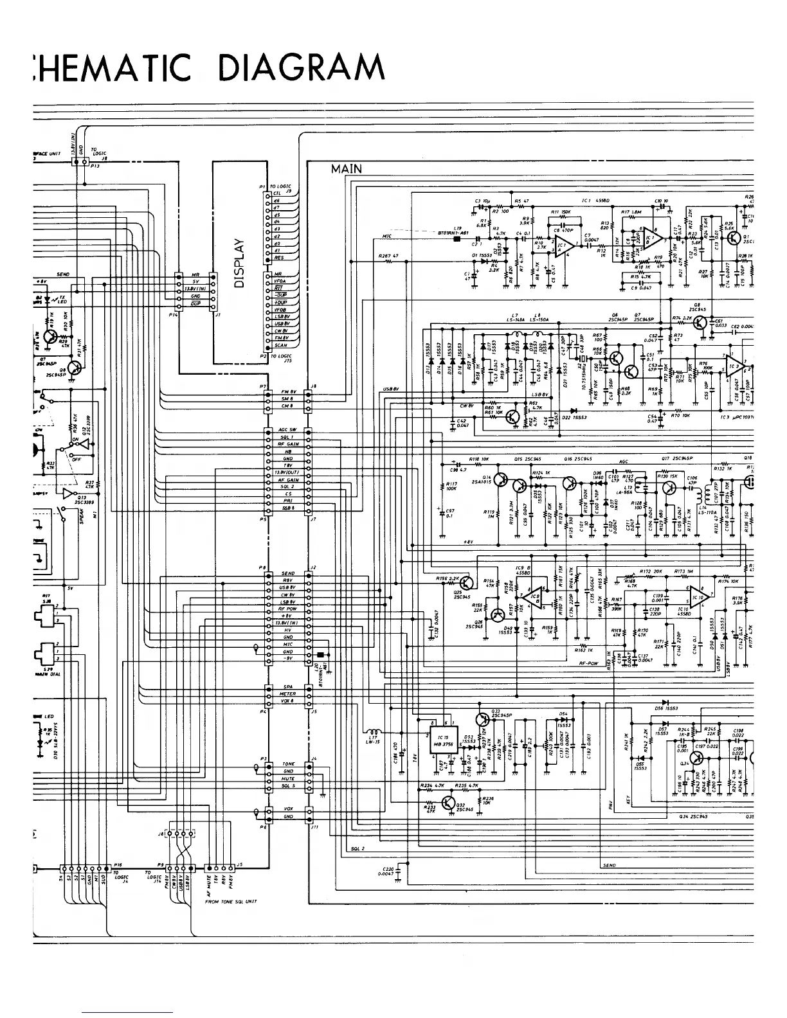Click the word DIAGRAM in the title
(x=302, y=67)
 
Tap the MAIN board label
(x=347, y=169)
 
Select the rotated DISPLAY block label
(x=240, y=262)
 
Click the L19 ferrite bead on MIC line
(x=458, y=239)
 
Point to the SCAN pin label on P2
(x=280, y=345)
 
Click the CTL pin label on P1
(x=278, y=193)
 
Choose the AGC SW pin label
(x=287, y=429)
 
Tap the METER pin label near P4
(x=287, y=694)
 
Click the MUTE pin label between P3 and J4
(x=288, y=778)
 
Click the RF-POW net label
(x=590, y=663)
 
